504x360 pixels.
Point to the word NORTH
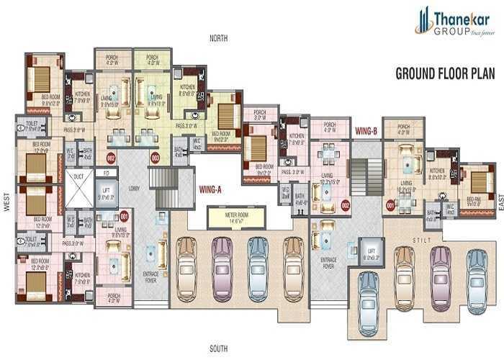219,38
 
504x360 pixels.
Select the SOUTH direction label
219,348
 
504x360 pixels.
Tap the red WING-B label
367,131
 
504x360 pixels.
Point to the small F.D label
106,173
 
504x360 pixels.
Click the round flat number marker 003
155,157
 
